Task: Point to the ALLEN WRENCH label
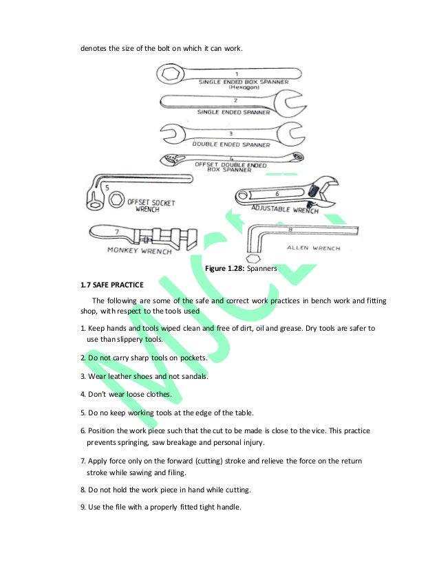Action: pyautogui.click(x=313, y=245)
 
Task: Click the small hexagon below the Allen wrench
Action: pyautogui.click(x=253, y=259)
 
